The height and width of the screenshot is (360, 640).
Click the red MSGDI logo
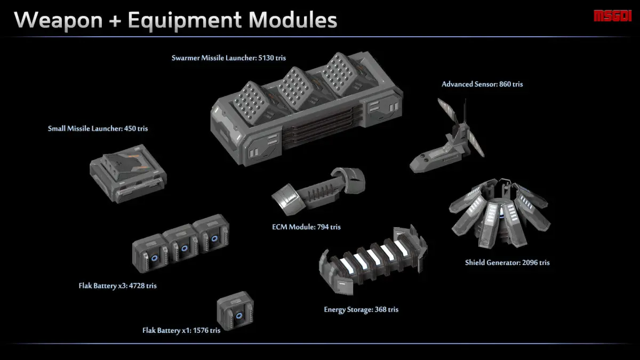click(613, 16)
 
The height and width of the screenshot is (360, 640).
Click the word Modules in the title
click(293, 20)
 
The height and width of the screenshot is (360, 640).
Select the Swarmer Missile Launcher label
click(229, 58)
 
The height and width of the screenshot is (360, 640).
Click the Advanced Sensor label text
click(482, 84)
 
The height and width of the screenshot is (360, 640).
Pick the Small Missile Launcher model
click(128, 173)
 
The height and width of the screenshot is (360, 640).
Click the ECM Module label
click(306, 227)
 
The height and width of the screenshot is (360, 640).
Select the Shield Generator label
click(507, 263)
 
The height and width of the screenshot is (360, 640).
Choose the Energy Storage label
click(361, 310)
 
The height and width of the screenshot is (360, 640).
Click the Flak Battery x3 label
click(117, 286)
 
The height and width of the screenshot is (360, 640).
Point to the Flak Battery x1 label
click(181, 331)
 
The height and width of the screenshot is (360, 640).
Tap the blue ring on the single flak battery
click(239, 316)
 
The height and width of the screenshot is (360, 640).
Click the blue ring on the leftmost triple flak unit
click(154, 258)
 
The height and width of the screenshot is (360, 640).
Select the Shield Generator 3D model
click(500, 213)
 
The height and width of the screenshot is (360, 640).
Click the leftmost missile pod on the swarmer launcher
click(250, 102)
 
